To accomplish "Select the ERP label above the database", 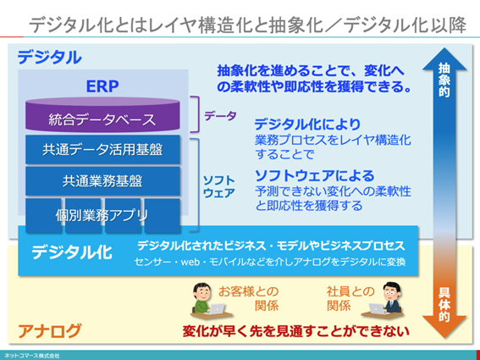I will pos(102,87).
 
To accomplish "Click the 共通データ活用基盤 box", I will pos(102,149).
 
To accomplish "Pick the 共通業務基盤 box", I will pos(102,180).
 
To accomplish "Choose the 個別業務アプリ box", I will pos(102,212).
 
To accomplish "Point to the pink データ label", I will pos(220,116).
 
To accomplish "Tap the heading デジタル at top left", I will pos(50,58).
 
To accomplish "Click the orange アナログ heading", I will pos(50,330).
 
